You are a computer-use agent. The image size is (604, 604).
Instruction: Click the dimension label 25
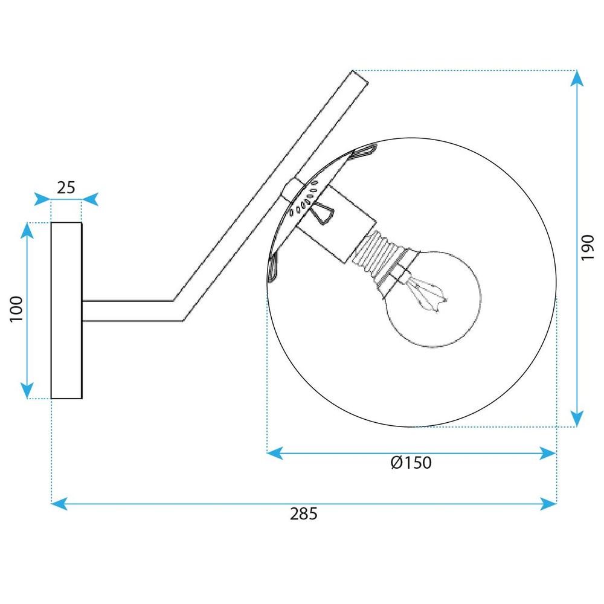click(x=66, y=187)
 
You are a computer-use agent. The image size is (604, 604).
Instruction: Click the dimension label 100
click(x=16, y=309)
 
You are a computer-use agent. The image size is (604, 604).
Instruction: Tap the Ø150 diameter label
click(x=411, y=463)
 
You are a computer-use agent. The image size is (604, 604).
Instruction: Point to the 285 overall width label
click(x=303, y=514)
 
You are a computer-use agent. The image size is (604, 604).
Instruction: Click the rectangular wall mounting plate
click(x=66, y=310)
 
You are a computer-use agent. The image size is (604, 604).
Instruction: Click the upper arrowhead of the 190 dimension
click(x=577, y=79)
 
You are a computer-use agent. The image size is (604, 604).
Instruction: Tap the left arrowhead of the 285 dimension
click(x=60, y=502)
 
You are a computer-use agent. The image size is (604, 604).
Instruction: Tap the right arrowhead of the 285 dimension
click(x=548, y=502)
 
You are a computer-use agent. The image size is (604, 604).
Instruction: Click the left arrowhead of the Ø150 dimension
click(x=275, y=452)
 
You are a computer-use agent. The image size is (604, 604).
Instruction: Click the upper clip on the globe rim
click(x=364, y=152)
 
